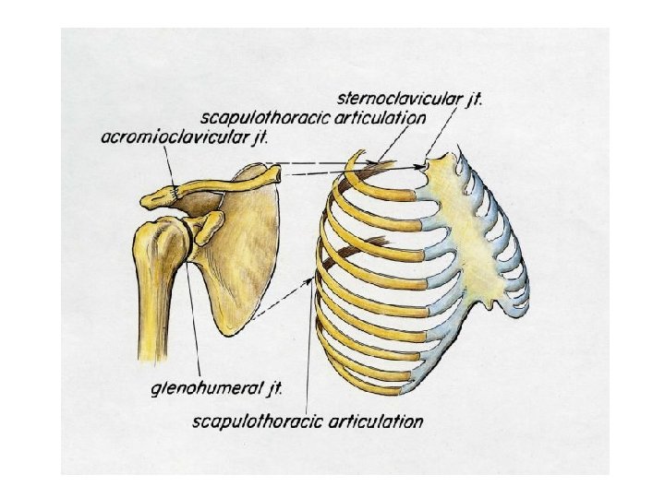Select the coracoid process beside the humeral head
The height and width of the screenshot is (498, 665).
[211, 223]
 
